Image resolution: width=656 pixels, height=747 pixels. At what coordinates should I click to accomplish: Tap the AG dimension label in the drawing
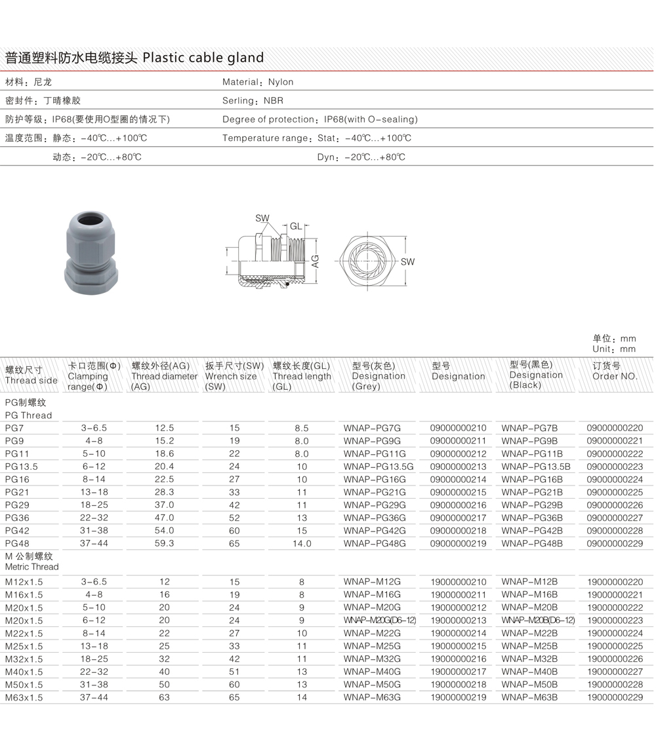[x=315, y=261]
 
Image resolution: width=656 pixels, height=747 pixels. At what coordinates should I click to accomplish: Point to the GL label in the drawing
[x=297, y=226]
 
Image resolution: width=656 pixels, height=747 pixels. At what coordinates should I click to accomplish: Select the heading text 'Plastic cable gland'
[x=203, y=58]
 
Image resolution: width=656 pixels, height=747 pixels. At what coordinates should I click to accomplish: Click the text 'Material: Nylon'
[x=258, y=82]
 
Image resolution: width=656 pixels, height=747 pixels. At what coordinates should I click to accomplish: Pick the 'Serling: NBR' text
[x=253, y=100]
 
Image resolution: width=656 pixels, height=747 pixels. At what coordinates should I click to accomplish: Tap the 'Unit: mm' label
[x=614, y=349]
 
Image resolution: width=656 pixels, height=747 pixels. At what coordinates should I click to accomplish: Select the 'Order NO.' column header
[x=615, y=376]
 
